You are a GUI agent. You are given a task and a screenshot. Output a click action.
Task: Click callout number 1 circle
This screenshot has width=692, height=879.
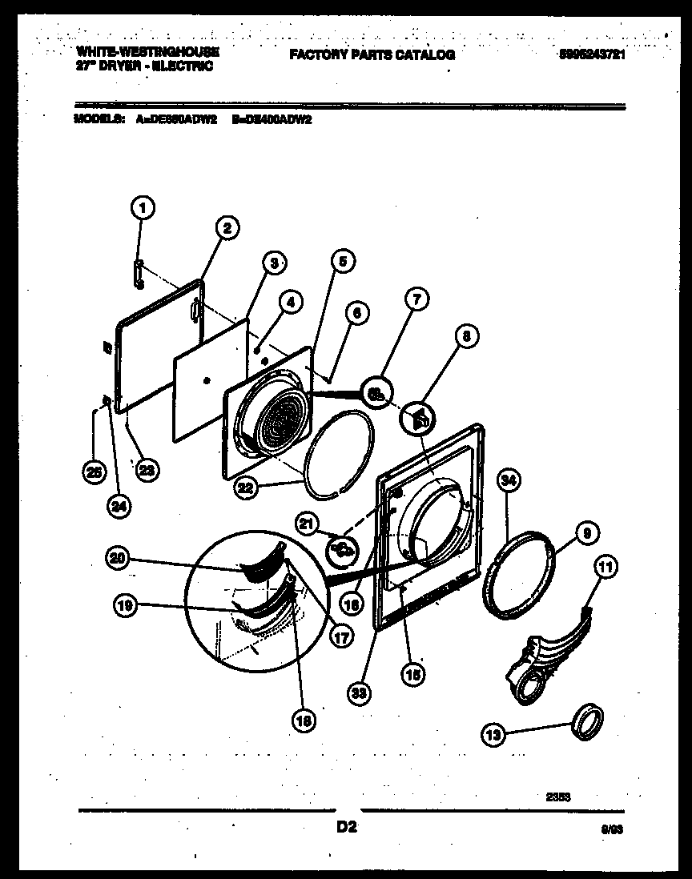(142, 210)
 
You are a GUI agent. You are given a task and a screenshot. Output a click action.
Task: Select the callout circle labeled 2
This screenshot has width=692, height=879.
(227, 229)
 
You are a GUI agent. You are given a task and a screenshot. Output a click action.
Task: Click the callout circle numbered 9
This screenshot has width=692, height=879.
(586, 531)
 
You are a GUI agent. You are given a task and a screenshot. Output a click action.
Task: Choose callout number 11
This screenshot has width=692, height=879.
(605, 568)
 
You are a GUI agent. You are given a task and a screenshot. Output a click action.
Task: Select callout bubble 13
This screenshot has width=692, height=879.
(494, 732)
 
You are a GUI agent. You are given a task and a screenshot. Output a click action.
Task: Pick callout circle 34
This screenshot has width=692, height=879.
(509, 480)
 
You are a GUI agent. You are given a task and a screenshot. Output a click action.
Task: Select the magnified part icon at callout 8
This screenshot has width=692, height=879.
(420, 417)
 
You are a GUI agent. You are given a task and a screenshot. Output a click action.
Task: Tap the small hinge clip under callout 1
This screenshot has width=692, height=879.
(139, 272)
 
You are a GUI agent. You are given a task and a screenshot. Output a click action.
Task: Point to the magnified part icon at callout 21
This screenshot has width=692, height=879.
(340, 548)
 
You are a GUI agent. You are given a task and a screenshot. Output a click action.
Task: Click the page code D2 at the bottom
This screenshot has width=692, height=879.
(345, 828)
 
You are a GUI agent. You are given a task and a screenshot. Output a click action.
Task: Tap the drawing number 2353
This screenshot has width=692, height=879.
(557, 797)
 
